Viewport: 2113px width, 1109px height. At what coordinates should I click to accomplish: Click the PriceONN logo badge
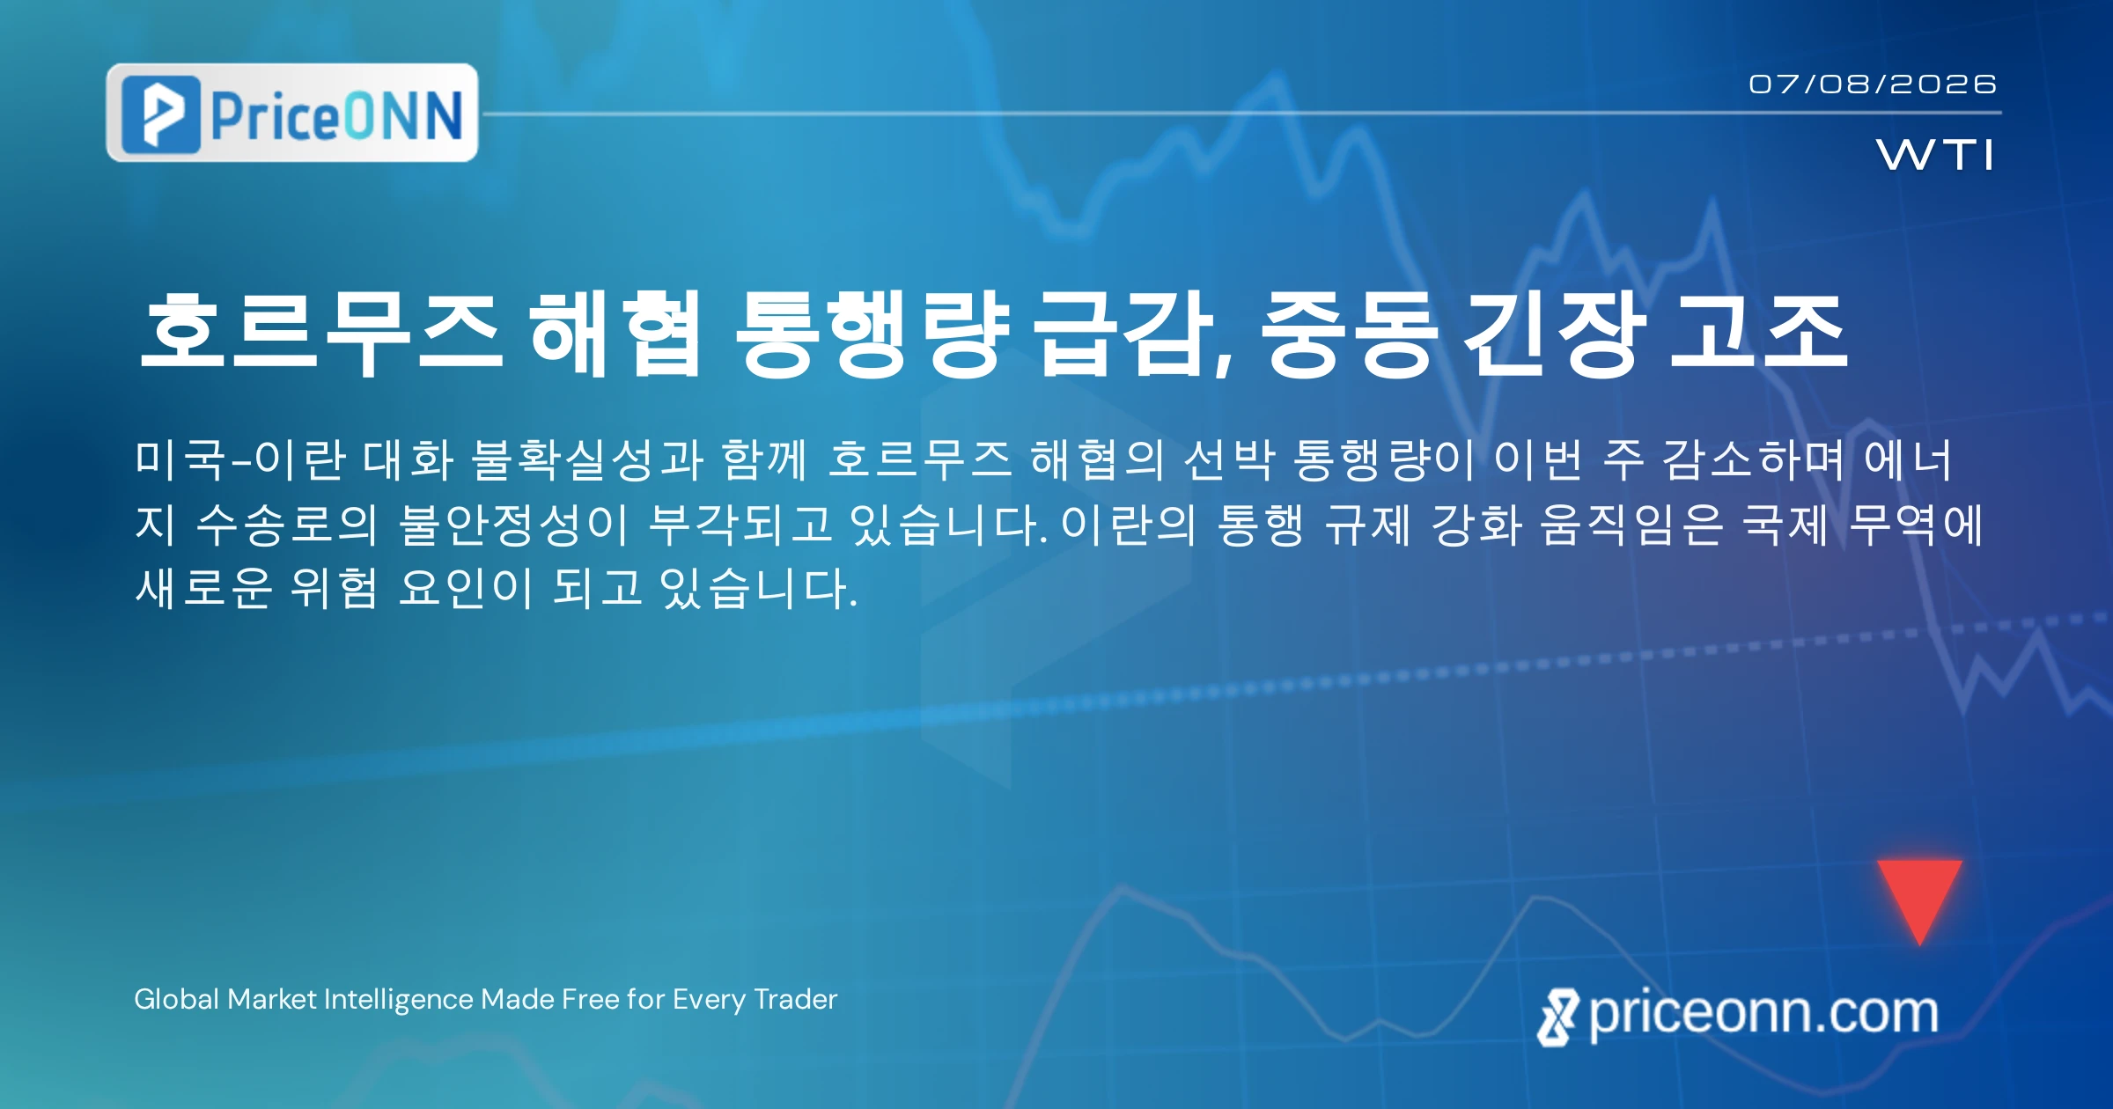click(292, 113)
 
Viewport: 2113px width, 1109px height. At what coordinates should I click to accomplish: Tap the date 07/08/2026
click(1873, 84)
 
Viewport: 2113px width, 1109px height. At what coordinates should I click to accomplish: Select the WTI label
click(1935, 155)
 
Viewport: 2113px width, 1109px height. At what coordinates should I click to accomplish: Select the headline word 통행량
click(872, 334)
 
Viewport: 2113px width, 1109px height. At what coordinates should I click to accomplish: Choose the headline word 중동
click(1349, 334)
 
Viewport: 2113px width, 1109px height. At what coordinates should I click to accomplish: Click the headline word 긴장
click(1556, 334)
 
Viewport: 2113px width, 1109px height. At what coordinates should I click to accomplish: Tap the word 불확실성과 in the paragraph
click(587, 459)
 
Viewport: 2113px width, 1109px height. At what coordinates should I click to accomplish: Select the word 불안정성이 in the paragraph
click(514, 524)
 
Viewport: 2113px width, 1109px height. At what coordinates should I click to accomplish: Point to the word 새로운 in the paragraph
click(204, 588)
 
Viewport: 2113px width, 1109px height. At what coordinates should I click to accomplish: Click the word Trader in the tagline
click(796, 999)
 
